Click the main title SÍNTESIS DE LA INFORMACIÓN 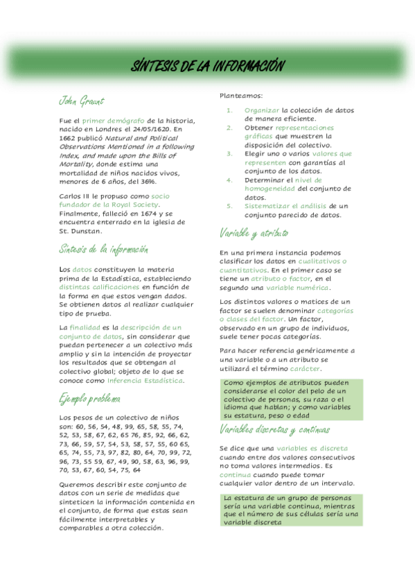pyautogui.click(x=208, y=66)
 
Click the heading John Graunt pyautogui.click(x=81, y=101)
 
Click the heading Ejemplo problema pyautogui.click(x=90, y=399)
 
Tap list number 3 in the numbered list pyautogui.click(x=229, y=153)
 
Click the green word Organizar pyautogui.click(x=262, y=110)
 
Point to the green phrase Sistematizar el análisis pyautogui.click(x=285, y=206)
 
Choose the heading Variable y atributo pyautogui.click(x=254, y=233)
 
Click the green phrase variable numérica pyautogui.click(x=299, y=287)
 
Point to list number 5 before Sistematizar pyautogui.click(x=229, y=206)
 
